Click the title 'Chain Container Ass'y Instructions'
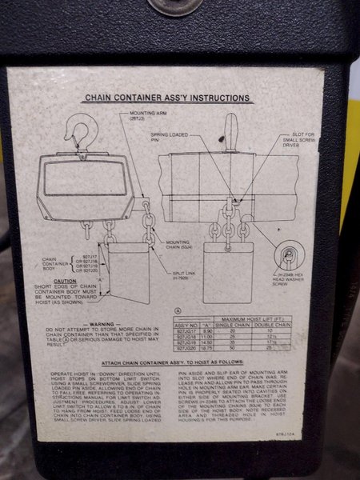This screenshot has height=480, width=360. click(x=169, y=99)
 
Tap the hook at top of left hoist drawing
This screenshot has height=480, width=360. click(x=78, y=132)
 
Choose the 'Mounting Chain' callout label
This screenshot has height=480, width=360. click(x=176, y=244)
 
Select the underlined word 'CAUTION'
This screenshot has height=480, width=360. click(x=65, y=282)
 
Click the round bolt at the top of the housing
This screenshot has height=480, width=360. click(x=175, y=6)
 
